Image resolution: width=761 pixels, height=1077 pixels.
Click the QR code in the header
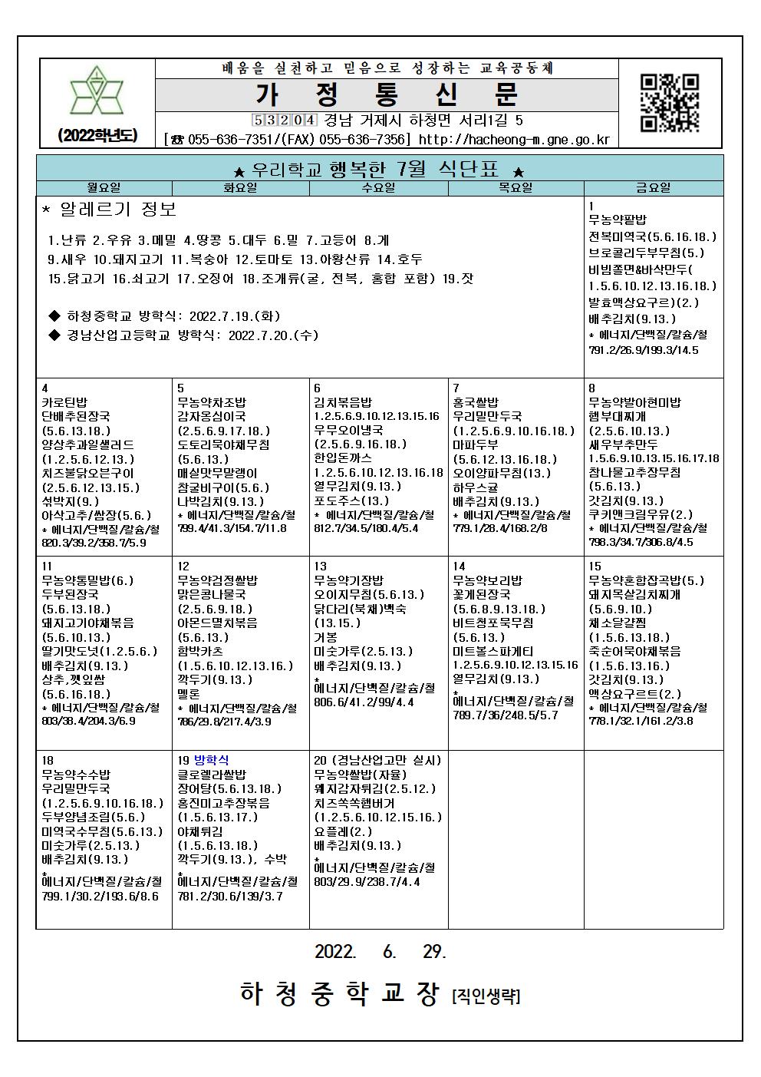669,102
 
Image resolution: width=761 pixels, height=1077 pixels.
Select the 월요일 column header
104,187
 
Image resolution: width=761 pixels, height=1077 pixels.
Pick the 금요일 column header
653,187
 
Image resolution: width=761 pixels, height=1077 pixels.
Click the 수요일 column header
378,187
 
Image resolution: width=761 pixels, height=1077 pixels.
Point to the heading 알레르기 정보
110,209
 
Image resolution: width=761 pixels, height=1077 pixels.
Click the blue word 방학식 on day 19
212,760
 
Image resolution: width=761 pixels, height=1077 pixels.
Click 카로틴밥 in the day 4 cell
64,402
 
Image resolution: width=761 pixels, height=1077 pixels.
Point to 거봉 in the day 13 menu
326,637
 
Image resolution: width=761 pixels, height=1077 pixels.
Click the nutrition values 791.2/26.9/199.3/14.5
644,350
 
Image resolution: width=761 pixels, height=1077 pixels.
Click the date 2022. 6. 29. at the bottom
380,951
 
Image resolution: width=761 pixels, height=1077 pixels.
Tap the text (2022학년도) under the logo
97,135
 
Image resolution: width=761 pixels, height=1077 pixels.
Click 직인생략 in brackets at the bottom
486,996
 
